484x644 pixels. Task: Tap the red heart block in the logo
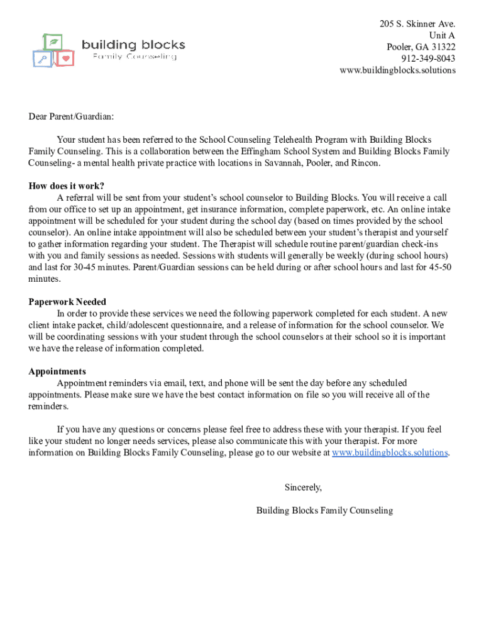click(65, 58)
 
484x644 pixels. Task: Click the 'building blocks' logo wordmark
click(133, 45)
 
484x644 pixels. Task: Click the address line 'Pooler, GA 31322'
click(421, 47)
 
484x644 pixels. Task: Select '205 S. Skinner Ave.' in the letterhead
click(417, 24)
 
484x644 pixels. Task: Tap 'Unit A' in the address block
click(442, 35)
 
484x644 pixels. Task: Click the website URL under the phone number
click(397, 70)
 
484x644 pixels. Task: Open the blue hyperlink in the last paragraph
click(390, 453)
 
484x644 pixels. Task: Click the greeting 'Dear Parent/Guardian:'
click(72, 116)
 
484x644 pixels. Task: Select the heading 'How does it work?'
click(67, 186)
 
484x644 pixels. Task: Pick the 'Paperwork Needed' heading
click(67, 302)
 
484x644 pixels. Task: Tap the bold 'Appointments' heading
click(57, 371)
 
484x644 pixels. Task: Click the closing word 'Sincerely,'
click(303, 487)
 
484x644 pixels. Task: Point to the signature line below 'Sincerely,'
click(324, 511)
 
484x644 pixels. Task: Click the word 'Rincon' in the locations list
click(366, 163)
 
